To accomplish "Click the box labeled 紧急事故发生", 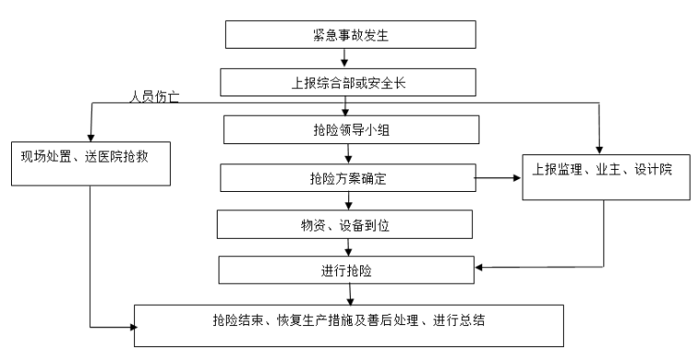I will [x=350, y=34].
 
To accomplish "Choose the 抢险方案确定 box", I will [x=348, y=177].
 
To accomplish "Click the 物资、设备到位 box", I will [x=344, y=224].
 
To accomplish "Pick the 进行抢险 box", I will [x=346, y=270].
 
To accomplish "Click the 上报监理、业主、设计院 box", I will [x=603, y=173].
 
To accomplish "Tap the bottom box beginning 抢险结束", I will [x=346, y=323].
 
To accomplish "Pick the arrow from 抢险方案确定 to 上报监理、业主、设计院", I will [x=498, y=178].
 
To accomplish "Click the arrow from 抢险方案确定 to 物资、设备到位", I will [x=347, y=200].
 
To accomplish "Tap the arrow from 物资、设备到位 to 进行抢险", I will [x=347, y=247].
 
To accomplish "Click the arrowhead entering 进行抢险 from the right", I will [x=480, y=268].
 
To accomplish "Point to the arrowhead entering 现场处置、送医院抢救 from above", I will [x=89, y=135].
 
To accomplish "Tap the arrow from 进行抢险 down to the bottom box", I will [x=349, y=294].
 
